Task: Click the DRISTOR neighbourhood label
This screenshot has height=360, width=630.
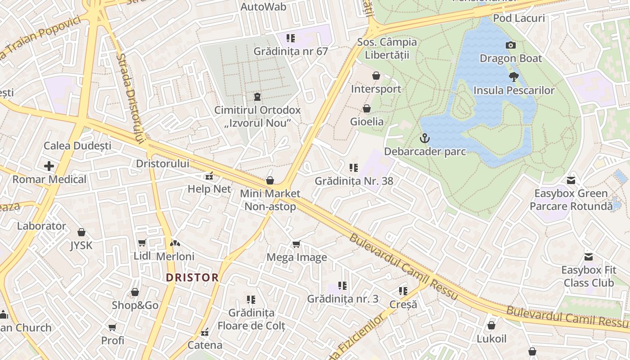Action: pyautogui.click(x=192, y=277)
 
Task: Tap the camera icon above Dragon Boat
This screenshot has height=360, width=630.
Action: pyautogui.click(x=511, y=45)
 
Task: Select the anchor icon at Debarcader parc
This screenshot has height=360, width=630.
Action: pyautogui.click(x=425, y=138)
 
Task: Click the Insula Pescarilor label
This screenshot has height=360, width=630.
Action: pyautogui.click(x=514, y=90)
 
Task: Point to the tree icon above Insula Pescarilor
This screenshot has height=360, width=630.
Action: pyautogui.click(x=513, y=77)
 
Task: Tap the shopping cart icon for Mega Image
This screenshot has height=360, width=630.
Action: pyautogui.click(x=296, y=244)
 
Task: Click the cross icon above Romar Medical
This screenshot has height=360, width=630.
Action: pyautogui.click(x=49, y=166)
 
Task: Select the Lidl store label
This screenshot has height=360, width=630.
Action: pyautogui.click(x=142, y=256)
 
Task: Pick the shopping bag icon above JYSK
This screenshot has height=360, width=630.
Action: pyautogui.click(x=81, y=232)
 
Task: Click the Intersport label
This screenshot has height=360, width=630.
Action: pyautogui.click(x=376, y=89)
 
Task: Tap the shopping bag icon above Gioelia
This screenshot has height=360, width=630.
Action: pyautogui.click(x=367, y=108)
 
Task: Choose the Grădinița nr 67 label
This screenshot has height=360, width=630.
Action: pyautogui.click(x=291, y=51)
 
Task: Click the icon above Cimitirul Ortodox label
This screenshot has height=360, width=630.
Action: pyautogui.click(x=257, y=97)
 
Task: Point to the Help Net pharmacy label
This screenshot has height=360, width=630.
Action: pyautogui.click(x=209, y=189)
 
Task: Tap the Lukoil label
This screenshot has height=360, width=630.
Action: pyautogui.click(x=491, y=339)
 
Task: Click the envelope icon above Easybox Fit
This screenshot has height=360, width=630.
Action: pyautogui.click(x=588, y=257)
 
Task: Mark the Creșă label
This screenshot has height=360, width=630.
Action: pyautogui.click(x=403, y=305)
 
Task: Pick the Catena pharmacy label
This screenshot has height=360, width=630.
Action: pyautogui.click(x=205, y=345)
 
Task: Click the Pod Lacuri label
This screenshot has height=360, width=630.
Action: pyautogui.click(x=519, y=18)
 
